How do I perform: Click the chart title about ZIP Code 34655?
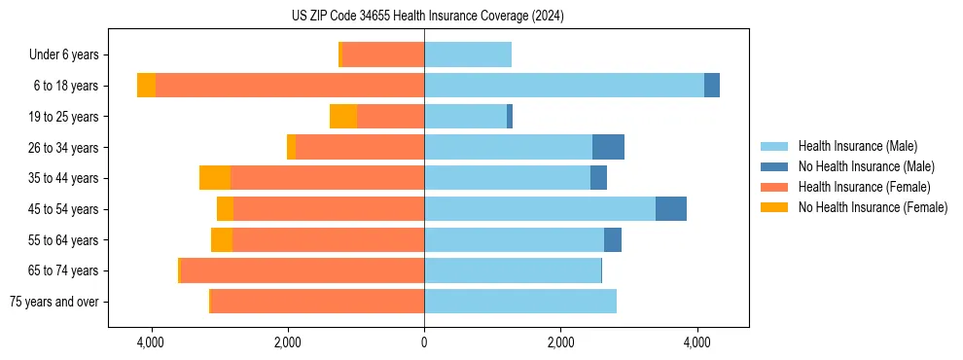[427, 16]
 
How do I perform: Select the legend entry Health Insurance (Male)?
[853, 146]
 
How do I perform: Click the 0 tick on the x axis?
[424, 342]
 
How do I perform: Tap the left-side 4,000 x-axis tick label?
[151, 342]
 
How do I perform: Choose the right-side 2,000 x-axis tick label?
[560, 342]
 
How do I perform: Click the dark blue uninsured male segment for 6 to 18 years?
[712, 86]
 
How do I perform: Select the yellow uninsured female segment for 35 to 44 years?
[215, 178]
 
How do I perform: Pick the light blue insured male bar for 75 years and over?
[520, 302]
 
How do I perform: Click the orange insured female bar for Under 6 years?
[383, 55]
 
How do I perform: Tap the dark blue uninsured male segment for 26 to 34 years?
[608, 148]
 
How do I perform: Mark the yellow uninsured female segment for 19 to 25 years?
[343, 117]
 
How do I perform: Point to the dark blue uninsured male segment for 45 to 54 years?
[671, 209]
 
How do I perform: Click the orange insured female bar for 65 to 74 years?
[303, 270]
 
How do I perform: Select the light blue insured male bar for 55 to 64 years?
[514, 240]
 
